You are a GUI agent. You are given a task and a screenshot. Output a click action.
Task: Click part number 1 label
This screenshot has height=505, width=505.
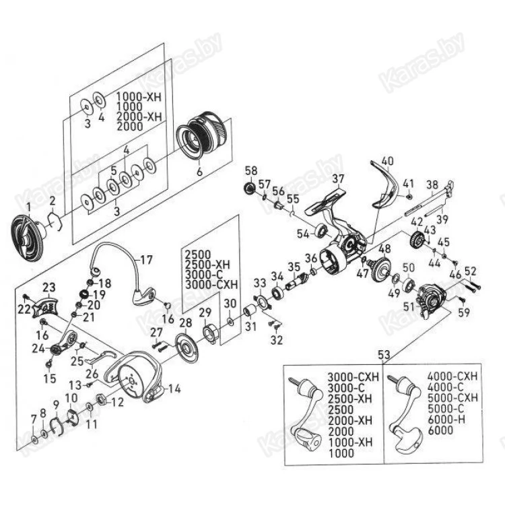click(28, 205)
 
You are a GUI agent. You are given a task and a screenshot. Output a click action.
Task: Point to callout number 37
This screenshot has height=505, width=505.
click(337, 178)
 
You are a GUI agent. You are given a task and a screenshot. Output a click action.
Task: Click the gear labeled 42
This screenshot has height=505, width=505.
click(416, 238)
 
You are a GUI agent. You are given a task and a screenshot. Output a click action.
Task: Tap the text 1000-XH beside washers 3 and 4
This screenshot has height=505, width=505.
click(139, 97)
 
